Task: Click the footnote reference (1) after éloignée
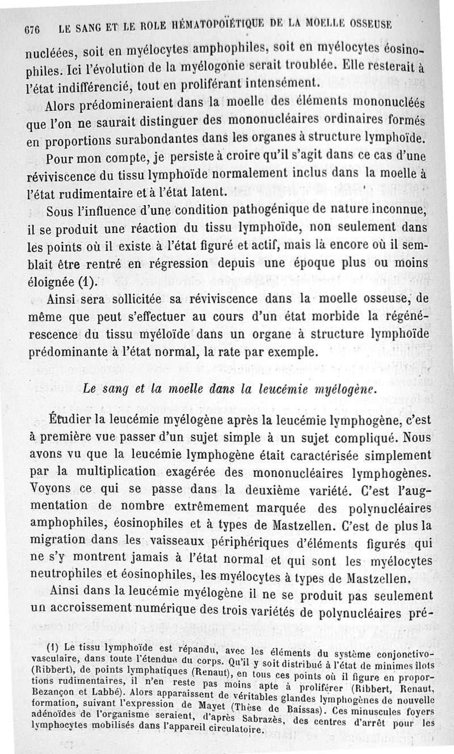click(87, 280)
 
